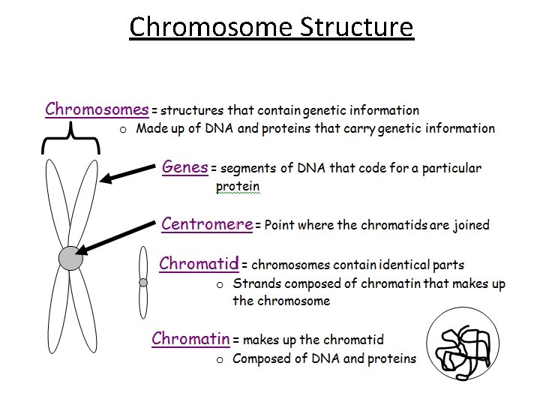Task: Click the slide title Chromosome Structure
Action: [271, 27]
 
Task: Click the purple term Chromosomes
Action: [97, 109]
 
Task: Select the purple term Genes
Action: [184, 167]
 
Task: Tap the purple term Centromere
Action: [207, 223]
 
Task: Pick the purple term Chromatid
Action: [199, 263]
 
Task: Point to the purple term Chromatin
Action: [190, 338]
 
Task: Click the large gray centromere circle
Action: [70, 258]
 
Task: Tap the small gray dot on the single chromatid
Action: [143, 283]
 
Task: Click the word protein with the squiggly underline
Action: [238, 186]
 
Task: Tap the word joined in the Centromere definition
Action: [471, 224]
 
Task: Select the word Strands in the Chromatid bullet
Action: [256, 283]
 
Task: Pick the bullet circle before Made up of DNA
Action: [124, 130]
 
